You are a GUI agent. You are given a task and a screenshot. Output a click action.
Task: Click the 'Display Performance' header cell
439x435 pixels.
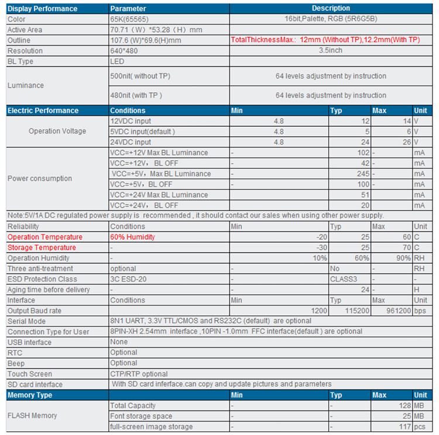(42, 9)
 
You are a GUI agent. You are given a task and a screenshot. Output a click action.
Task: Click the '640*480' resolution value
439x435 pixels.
(125, 51)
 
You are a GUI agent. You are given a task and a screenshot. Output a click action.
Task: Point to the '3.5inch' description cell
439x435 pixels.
(331, 51)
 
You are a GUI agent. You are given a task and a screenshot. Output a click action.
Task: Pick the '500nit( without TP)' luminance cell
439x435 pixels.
(140, 76)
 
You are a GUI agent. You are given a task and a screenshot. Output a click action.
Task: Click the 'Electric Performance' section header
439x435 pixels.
(43, 111)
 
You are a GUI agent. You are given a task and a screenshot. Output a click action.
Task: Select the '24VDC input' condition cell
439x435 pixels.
(131, 142)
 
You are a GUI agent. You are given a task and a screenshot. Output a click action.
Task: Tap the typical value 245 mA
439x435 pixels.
(362, 174)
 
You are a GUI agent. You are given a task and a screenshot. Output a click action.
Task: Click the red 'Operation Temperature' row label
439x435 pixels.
(45, 237)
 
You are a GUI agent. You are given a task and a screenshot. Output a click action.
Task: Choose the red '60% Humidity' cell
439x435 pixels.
(132, 237)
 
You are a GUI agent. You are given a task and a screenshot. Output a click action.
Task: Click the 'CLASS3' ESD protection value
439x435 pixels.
(345, 279)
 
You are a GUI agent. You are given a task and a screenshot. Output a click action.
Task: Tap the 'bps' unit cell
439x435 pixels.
(420, 310)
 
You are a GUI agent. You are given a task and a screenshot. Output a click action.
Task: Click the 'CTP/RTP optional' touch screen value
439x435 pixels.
(139, 374)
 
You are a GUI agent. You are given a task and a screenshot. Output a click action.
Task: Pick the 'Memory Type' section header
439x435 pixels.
(30, 395)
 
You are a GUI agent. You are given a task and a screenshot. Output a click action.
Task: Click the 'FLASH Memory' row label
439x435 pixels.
(32, 416)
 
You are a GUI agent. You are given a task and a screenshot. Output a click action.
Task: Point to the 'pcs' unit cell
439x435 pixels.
(420, 427)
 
